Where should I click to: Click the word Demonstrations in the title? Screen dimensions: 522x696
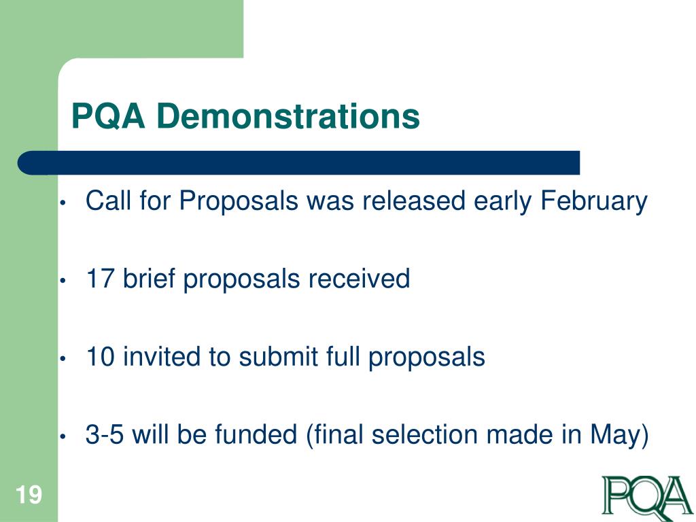point(288,116)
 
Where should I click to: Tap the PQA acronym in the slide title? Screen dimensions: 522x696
point(109,116)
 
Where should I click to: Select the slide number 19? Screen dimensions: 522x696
point(29,495)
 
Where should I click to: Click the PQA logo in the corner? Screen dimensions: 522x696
point(646,495)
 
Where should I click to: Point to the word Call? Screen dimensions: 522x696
point(107,202)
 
